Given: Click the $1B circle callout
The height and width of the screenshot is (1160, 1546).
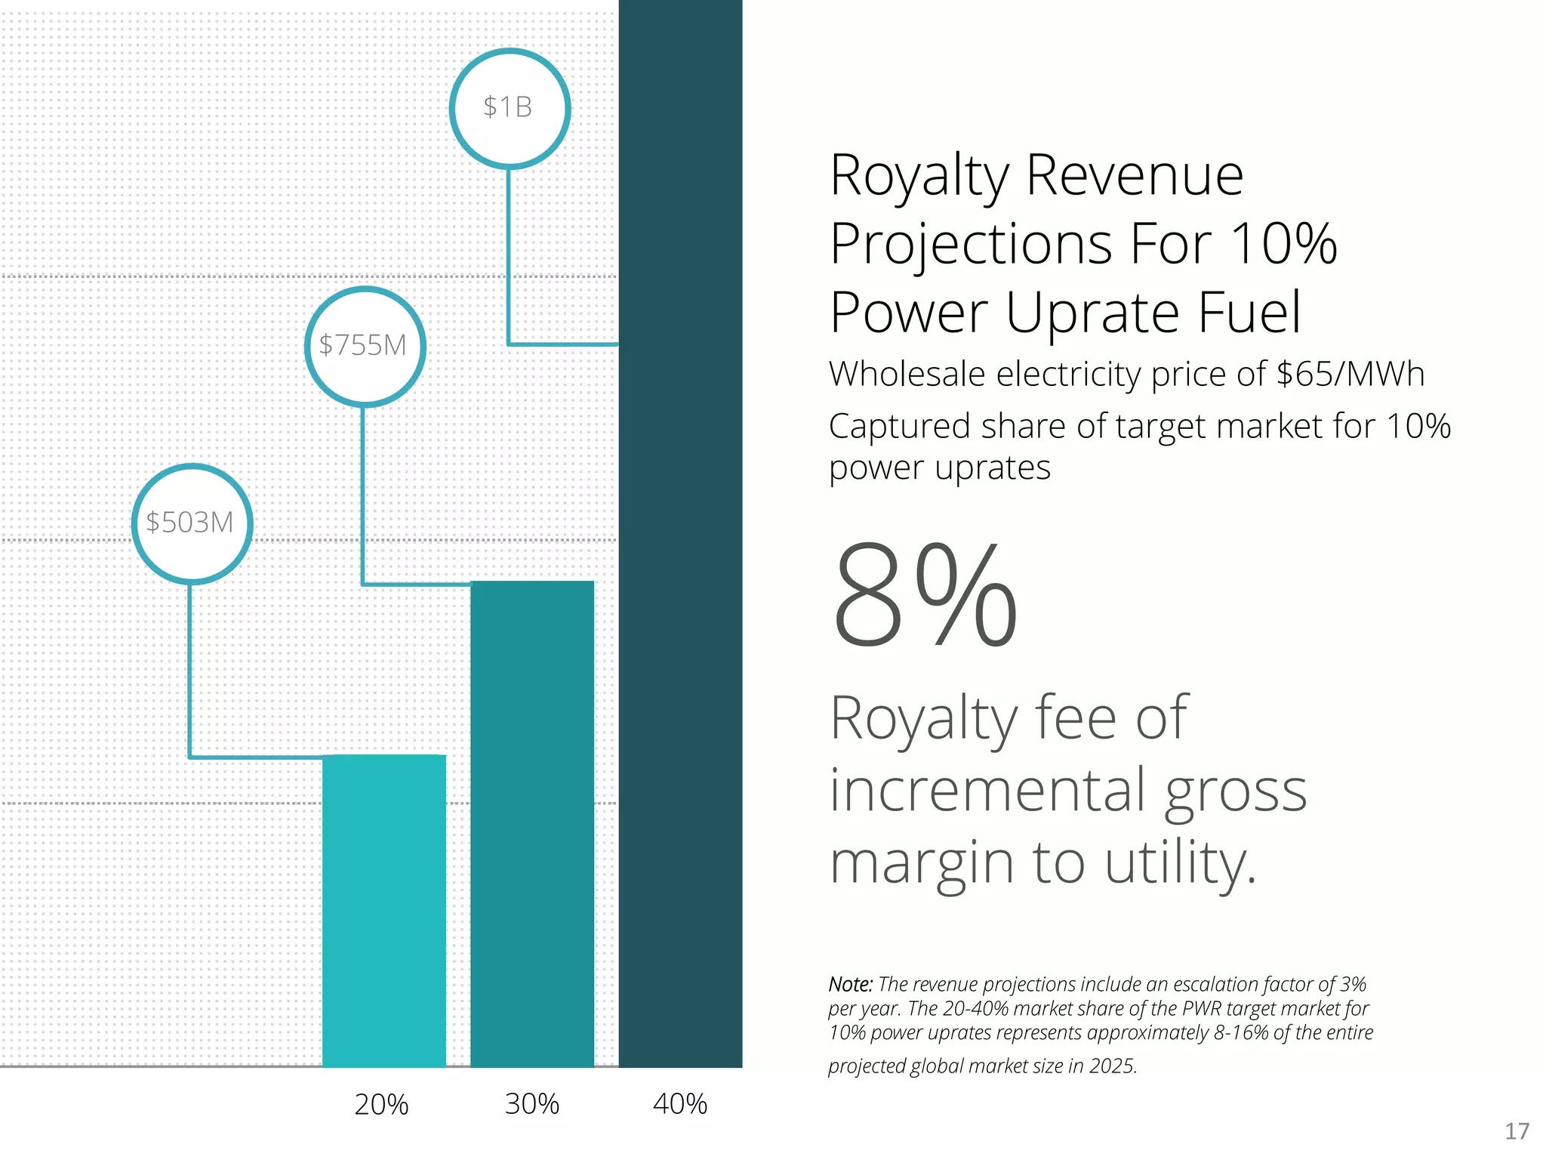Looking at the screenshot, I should click(x=510, y=108).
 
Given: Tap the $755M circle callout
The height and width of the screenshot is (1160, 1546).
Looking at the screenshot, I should click(x=365, y=346).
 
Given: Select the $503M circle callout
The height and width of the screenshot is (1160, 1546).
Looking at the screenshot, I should click(x=192, y=523).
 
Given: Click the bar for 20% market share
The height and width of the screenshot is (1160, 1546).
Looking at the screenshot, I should click(x=383, y=910).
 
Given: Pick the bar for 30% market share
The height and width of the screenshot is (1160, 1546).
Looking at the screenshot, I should click(x=531, y=823).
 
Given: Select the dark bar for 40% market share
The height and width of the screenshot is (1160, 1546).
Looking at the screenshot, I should click(x=680, y=529).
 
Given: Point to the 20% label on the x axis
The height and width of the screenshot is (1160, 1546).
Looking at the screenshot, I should click(x=381, y=1105).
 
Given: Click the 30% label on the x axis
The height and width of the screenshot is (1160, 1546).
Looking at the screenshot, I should click(x=531, y=1104).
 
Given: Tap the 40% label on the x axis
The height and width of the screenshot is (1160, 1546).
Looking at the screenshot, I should click(x=679, y=1104).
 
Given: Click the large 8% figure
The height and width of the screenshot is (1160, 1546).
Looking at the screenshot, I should click(x=925, y=597).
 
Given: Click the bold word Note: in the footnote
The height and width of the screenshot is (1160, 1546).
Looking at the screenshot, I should click(x=850, y=985).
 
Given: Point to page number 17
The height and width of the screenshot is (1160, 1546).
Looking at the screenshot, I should click(x=1517, y=1131).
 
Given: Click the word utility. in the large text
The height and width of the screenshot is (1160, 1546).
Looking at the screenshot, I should click(x=1181, y=863).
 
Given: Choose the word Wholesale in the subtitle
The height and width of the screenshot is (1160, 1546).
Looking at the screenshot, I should click(x=906, y=374).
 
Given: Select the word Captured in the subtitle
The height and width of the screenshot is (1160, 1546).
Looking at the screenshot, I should click(x=898, y=427).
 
